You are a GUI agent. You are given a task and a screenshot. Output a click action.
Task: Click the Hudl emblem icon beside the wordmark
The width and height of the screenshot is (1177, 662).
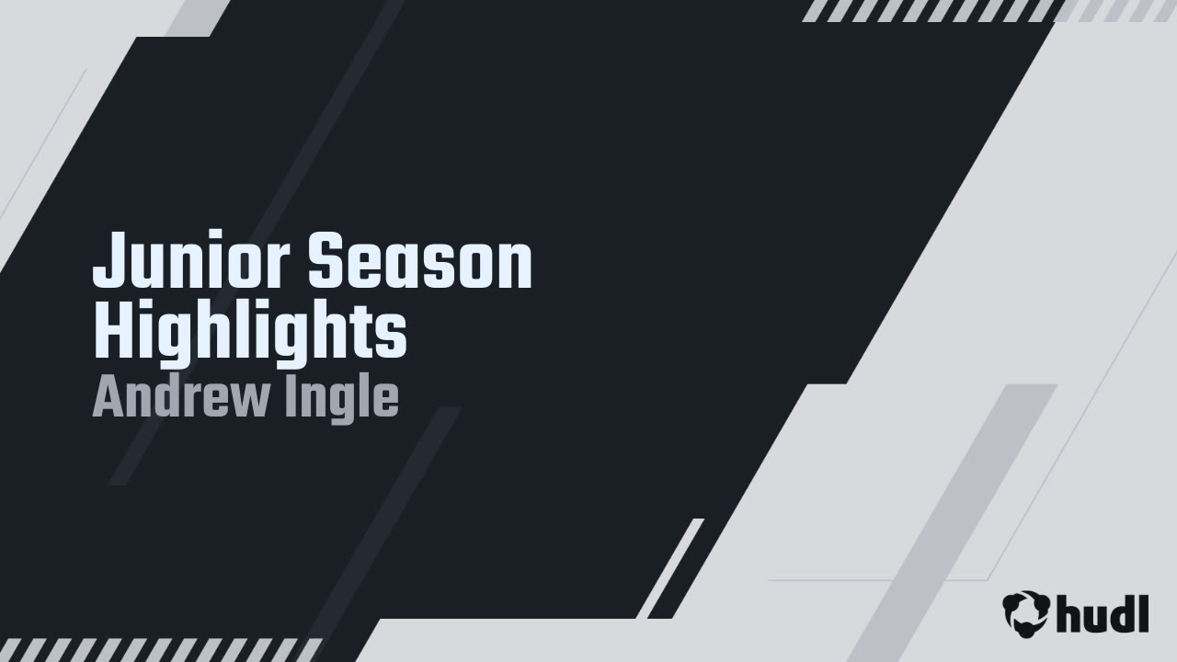pyautogui.click(x=1026, y=613)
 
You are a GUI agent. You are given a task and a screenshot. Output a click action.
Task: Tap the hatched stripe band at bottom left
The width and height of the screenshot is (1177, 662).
pyautogui.click(x=161, y=649)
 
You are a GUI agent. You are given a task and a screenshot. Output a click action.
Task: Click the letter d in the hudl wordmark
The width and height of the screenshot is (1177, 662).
pyautogui.click(x=1119, y=611)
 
